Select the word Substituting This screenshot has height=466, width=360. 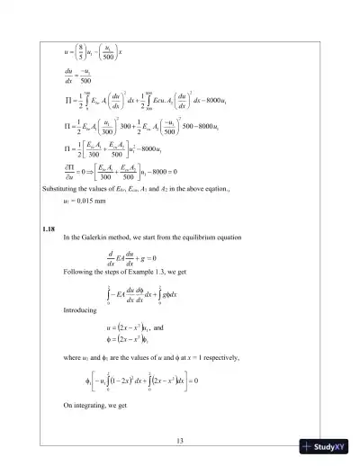pyautogui.click(x=61, y=192)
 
